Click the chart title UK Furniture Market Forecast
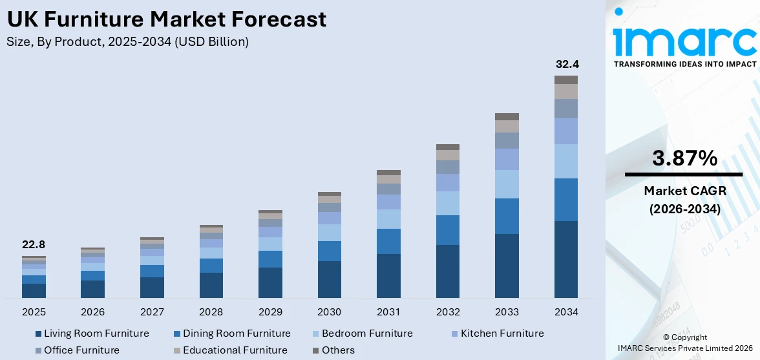[x=167, y=19]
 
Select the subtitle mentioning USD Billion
[x=128, y=42]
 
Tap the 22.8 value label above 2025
[x=34, y=245]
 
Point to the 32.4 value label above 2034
[x=566, y=65]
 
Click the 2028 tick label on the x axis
[x=211, y=312]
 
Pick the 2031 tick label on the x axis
[x=388, y=312]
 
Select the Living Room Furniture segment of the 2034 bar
[x=566, y=259]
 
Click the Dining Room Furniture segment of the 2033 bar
[x=507, y=216]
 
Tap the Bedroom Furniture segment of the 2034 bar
[x=566, y=161]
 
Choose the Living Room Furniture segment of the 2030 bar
[x=330, y=279]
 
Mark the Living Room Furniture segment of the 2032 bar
[x=448, y=271]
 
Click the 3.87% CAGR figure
[x=684, y=158]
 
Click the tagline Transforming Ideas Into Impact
[x=684, y=64]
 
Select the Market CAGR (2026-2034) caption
[x=684, y=200]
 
